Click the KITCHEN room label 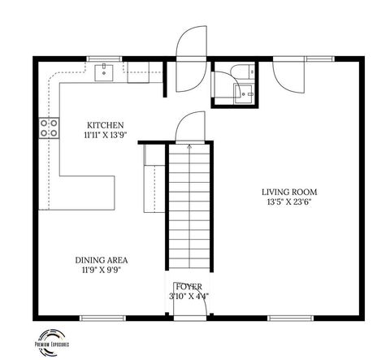point(104,125)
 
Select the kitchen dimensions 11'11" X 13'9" point(104,136)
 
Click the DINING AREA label point(102,260)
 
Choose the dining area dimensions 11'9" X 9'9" point(102,271)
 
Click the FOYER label point(190,286)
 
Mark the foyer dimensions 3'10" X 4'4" point(190,296)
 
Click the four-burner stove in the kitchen point(49,128)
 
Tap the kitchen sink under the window point(105,73)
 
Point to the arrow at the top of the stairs point(189,147)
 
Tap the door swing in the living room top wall point(288,75)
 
